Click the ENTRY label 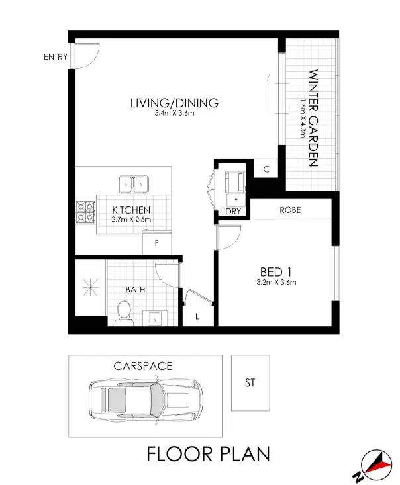56,57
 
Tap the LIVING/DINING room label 174,103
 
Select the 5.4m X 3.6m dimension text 174,114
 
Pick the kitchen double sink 134,183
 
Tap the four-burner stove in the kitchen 85,211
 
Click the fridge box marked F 156,243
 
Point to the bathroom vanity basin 156,317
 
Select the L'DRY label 230,212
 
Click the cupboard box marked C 266,169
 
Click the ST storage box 250,382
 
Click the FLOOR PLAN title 208,455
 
